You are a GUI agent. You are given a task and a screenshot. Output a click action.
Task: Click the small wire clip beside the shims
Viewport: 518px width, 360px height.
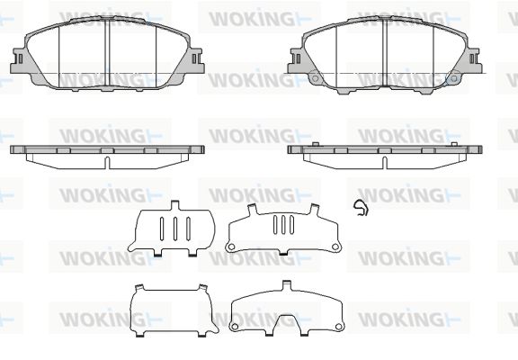click(361, 208)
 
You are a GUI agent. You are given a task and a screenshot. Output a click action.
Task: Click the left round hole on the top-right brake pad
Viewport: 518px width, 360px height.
click(315, 78)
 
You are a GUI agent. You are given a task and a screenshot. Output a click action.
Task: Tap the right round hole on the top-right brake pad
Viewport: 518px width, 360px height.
click(454, 78)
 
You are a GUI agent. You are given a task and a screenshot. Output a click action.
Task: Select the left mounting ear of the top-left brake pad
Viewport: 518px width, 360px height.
click(19, 60)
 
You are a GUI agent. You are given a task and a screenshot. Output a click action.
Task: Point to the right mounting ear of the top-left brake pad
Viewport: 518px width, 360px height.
click(196, 60)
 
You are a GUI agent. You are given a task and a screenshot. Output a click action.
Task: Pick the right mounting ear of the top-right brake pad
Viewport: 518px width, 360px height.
click(474, 60)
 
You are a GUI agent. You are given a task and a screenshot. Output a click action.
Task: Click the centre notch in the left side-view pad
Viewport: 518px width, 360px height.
click(107, 163)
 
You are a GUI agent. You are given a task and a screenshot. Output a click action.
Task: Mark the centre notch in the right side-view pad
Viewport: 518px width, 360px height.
click(385, 163)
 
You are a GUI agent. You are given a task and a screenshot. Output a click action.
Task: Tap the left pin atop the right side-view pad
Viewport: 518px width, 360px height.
click(316, 144)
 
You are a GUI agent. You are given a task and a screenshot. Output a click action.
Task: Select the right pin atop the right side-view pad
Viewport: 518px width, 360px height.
click(454, 144)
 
